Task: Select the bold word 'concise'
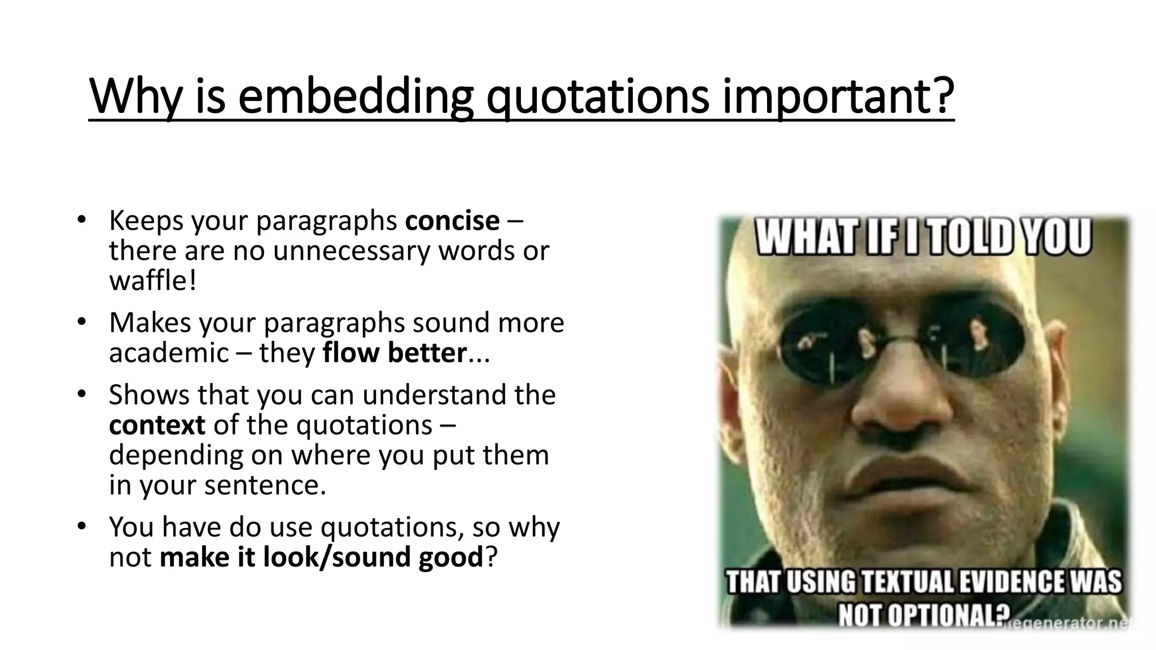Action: pos(452,221)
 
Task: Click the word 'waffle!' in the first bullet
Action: pos(152,280)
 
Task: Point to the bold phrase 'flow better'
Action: pos(395,353)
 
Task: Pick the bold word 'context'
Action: pos(157,425)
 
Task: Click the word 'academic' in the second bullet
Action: pos(169,353)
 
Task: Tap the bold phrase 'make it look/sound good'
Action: pos(321,557)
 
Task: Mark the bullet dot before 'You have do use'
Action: pos(81,526)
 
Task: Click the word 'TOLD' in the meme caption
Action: pos(975,236)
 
